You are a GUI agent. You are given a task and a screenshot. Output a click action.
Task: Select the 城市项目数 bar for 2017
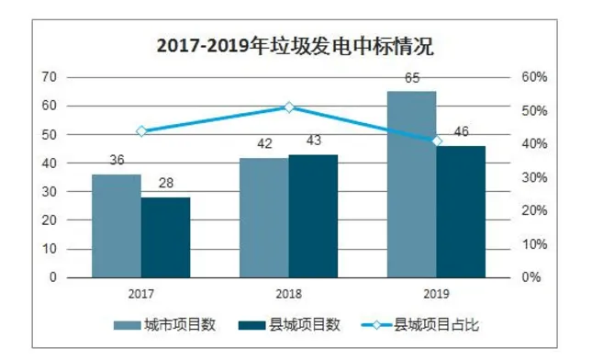click(x=117, y=225)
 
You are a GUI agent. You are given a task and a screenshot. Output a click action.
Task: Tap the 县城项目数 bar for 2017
click(x=165, y=237)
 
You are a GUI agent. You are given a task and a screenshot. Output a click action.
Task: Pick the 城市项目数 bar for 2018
click(x=263, y=217)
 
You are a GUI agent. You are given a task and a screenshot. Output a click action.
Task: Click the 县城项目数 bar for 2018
click(x=313, y=216)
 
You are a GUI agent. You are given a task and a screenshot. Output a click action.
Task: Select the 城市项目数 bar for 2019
click(x=411, y=184)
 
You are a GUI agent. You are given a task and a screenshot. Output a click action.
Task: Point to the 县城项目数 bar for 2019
click(x=461, y=211)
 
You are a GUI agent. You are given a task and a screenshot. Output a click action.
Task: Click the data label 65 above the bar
click(x=412, y=79)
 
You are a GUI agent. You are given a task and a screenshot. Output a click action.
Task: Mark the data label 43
click(x=314, y=142)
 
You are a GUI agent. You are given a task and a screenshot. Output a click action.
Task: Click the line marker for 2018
click(x=288, y=107)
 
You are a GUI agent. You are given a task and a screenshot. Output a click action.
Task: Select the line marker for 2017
click(x=141, y=131)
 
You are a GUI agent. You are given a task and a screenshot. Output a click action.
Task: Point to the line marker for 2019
click(x=437, y=141)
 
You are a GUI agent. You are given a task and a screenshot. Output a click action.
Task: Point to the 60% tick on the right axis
click(x=533, y=77)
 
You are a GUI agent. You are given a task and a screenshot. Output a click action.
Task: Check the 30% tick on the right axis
click(x=533, y=177)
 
